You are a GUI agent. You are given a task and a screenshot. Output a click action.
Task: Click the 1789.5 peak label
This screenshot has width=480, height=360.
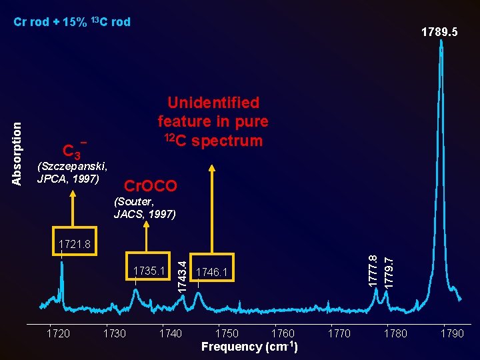coord(439,32)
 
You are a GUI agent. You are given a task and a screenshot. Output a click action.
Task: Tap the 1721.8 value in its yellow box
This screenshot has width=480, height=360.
coord(75,244)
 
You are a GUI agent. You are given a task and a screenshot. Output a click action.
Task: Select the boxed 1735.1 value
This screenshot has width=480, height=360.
coord(149,271)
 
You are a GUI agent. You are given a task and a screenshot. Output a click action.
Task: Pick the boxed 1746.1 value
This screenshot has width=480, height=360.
coord(211,272)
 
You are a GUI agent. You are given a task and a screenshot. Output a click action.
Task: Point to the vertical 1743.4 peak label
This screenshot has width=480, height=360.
coord(182,277)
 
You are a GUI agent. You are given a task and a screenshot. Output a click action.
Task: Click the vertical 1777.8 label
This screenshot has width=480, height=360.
coord(373,271)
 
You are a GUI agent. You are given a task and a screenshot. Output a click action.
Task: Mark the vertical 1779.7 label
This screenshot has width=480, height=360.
coord(389,273)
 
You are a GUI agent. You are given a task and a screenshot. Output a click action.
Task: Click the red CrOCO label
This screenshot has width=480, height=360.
coord(151,186)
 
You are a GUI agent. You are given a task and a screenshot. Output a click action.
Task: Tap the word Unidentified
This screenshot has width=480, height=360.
coord(213,103)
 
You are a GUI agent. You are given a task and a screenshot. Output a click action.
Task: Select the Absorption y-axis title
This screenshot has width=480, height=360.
coord(17,154)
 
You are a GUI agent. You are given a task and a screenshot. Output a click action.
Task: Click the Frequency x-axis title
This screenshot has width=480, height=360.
coord(249,347)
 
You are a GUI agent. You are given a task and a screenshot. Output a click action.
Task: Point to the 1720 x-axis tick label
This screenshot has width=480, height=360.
coord(58,333)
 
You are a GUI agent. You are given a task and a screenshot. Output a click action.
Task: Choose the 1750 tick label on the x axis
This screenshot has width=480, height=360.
coord(227,333)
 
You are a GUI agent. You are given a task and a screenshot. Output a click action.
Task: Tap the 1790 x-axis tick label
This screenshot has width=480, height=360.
coord(452,333)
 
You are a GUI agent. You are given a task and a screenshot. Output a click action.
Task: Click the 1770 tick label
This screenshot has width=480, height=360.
coord(339,333)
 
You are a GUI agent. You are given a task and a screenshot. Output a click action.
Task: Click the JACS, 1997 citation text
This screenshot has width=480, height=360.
coord(145,214)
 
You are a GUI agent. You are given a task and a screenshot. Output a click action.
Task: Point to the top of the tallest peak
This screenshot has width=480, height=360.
coord(441,40)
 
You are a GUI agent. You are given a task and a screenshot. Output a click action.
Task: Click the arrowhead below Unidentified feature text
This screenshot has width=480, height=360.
coord(212,169)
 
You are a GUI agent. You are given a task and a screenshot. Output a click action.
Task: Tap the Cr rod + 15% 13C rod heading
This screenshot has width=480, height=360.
coord(72,22)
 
